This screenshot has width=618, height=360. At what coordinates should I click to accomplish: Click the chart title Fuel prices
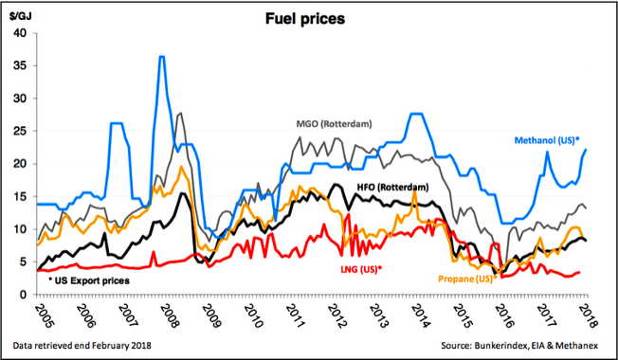coord(305,19)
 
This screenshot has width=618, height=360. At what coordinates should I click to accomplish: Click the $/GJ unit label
coord(19,18)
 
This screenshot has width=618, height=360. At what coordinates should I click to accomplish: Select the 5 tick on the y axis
coord(24,261)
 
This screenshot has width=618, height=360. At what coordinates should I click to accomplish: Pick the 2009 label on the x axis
coord(209,316)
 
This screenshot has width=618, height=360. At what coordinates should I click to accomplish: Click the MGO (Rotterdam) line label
coord(334,124)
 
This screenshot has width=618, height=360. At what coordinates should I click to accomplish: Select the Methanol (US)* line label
coord(547,140)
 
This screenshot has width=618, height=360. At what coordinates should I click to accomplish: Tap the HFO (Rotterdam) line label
coord(392,187)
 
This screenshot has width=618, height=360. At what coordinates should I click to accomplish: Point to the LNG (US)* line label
coord(360,270)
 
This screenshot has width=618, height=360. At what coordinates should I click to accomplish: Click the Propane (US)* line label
coord(467,279)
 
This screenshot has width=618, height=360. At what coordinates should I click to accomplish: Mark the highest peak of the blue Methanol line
coord(161,57)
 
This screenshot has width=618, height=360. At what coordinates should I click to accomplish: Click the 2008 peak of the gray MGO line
coord(180,114)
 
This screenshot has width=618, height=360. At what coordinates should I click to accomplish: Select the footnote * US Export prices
coord(89,280)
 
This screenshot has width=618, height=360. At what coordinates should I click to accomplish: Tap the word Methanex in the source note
coord(579,346)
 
